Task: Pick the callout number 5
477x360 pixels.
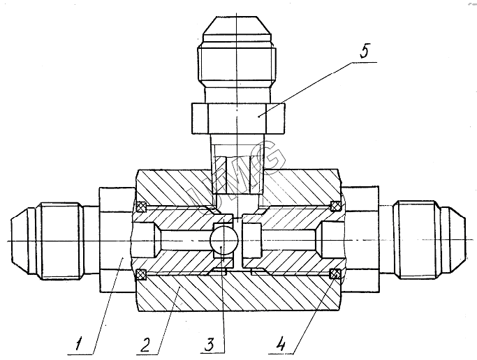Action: tap(364, 50)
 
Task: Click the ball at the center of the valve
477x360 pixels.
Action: tap(224, 240)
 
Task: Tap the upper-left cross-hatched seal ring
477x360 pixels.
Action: tap(142, 207)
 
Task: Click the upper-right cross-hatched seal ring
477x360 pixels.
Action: tap(336, 206)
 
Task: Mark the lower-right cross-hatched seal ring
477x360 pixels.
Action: tap(336, 273)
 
